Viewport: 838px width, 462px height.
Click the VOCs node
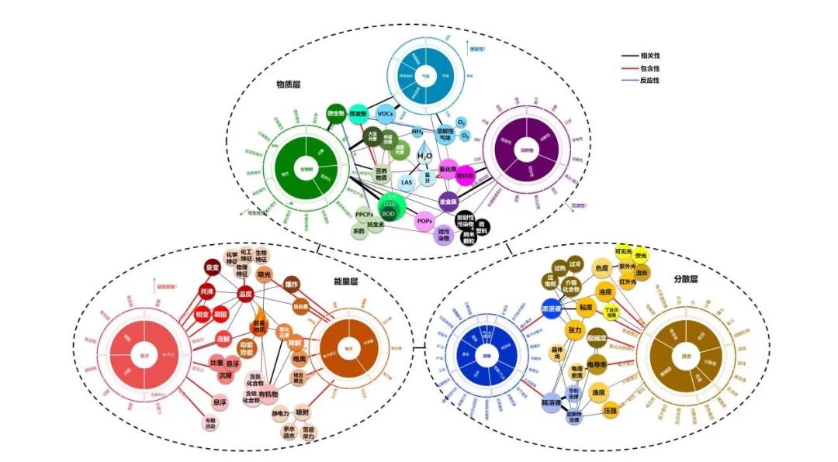coord(386,113)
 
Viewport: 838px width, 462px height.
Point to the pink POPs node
coord(424,220)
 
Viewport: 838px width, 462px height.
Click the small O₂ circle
coord(461,122)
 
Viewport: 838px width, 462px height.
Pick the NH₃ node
coord(417,132)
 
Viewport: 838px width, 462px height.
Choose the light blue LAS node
coord(407,183)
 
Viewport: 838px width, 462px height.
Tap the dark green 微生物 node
coord(335,113)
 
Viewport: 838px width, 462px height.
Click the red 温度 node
coord(246,294)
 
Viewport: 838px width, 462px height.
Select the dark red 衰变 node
coord(212,268)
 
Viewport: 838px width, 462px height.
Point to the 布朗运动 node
coord(211,423)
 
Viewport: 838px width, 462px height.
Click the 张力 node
coord(575,330)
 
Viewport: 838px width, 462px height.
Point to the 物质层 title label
coord(289,84)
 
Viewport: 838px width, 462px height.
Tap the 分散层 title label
coord(685,278)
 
